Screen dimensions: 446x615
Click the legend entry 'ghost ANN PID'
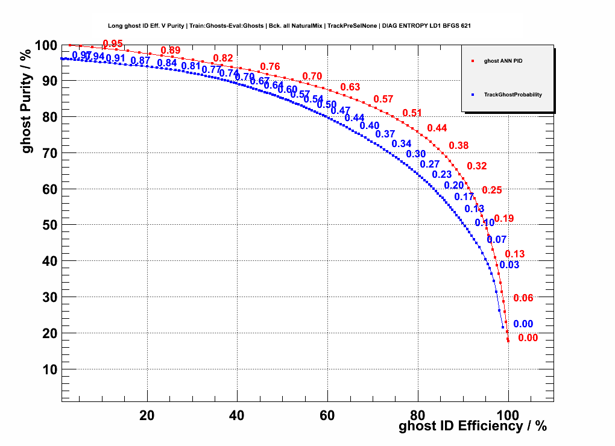tap(507, 61)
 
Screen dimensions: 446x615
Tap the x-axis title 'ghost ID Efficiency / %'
tap(473, 426)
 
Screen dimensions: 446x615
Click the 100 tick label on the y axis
tap(45, 46)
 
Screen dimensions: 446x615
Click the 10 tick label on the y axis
tap(49, 369)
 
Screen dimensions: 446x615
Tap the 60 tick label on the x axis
tap(327, 415)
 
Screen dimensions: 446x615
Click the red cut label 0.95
tap(113, 43)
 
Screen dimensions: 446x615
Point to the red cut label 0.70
tap(312, 76)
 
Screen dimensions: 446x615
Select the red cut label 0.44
tap(437, 128)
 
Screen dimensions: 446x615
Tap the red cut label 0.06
tap(523, 298)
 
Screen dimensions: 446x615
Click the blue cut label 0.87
tap(140, 60)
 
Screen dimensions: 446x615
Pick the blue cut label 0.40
tap(369, 125)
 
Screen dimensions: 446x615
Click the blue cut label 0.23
tap(442, 174)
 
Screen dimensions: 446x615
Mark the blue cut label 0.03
tap(509, 265)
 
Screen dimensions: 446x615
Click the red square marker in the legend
tap(473, 61)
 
